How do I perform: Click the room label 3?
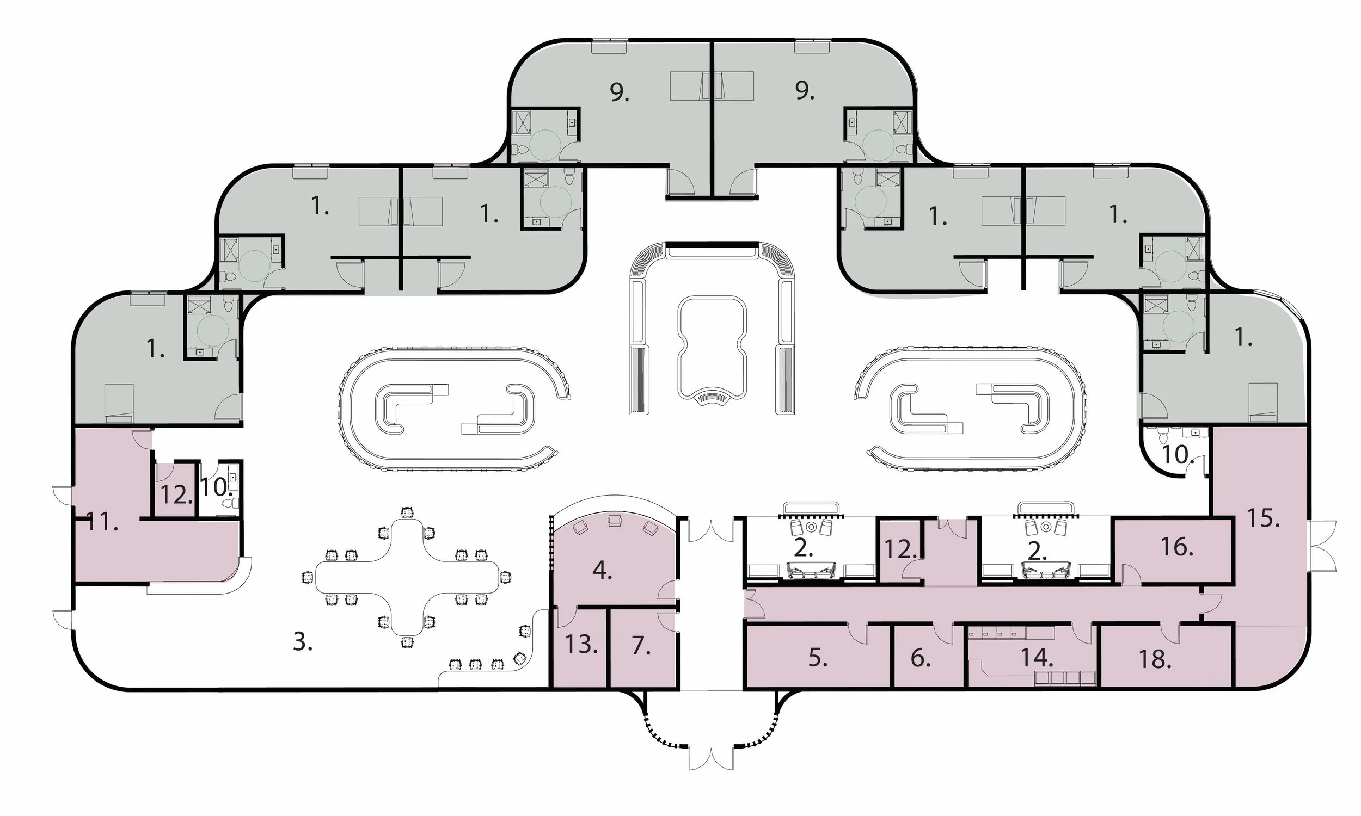pos(303,642)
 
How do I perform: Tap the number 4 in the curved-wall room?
pos(602,571)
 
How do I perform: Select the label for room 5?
pos(818,658)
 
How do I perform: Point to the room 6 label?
pos(921,658)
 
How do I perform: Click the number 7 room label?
pos(640,646)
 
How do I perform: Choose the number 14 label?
pos(1037,658)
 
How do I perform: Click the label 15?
pos(1262,518)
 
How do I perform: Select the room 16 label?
pos(1176,547)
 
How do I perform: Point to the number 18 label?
pos(1155,660)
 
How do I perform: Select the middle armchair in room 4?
pos(615,520)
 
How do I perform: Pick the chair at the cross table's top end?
pos(407,512)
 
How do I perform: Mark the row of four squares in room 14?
pos(1065,678)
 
